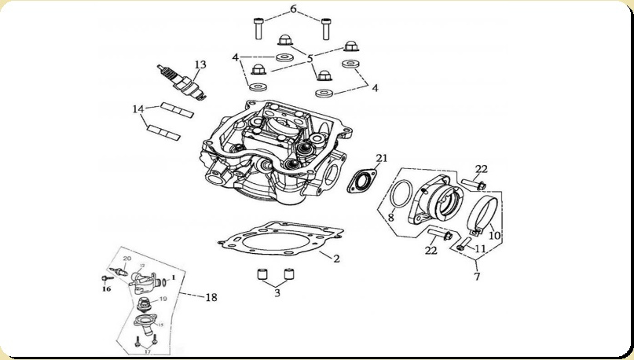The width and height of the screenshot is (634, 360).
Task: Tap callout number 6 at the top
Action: pos(293,9)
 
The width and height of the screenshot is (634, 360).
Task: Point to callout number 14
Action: pos(138,109)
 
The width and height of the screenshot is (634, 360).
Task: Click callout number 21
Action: pos(381,158)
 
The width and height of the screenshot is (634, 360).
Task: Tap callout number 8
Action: pos(390,217)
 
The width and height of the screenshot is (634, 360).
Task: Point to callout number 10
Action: pos(494,234)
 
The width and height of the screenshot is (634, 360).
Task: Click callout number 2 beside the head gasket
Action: pos(336,258)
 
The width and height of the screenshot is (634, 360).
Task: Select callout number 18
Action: pos(211,297)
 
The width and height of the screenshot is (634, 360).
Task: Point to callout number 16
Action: pos(107,288)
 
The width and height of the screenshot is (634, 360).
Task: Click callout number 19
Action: pos(163,299)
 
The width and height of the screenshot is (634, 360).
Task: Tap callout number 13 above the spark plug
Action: pos(200,64)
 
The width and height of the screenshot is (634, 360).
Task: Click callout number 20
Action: pos(127,259)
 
